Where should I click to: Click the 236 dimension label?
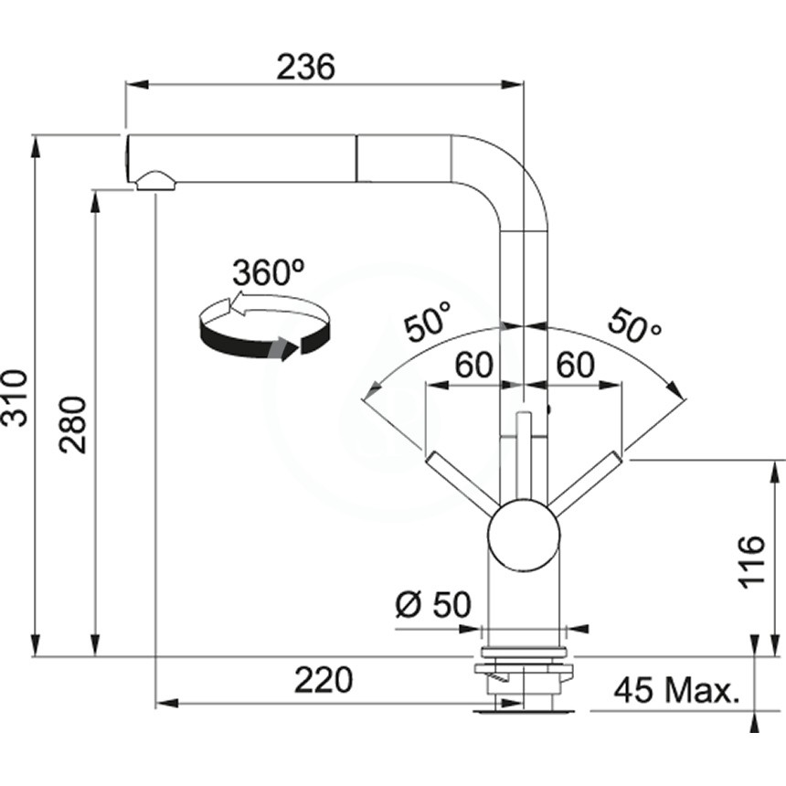coord(305,67)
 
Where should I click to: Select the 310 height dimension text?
coord(15,398)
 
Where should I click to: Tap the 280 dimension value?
coord(73,425)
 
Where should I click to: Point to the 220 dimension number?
coord(324,680)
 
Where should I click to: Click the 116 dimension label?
coord(751,561)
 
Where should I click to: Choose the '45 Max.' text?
coord(676,690)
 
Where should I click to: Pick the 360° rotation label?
coord(268,272)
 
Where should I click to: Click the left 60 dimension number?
coord(473,365)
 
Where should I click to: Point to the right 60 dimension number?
coord(576,365)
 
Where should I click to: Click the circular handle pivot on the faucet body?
coord(524,535)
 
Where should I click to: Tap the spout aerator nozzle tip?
coord(154,182)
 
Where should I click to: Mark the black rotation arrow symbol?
coord(265,326)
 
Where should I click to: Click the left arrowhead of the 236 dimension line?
coord(137,84)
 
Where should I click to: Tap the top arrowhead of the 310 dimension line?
coord(36,146)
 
